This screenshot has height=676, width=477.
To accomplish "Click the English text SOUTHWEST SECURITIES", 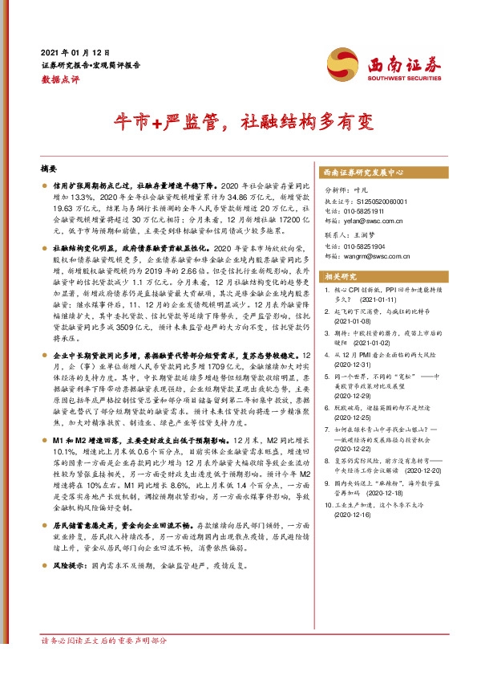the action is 401,79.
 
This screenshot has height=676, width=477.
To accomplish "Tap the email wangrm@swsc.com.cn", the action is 386,256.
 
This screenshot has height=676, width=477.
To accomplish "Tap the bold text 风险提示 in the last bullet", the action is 69,566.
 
